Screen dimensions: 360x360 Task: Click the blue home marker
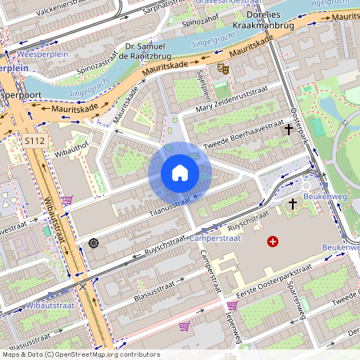coord(180,173)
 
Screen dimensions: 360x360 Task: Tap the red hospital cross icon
coord(273,241)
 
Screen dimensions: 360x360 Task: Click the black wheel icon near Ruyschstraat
coord(94,242)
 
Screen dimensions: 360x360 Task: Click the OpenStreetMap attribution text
coord(80,354)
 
